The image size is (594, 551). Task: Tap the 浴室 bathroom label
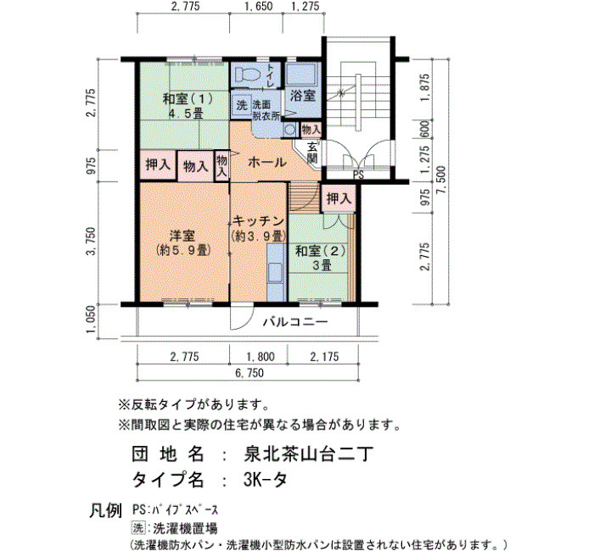303,96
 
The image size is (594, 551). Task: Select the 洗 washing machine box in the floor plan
242,105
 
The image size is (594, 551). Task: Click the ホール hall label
267,163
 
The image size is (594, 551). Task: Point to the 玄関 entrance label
312,152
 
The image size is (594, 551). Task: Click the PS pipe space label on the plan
358,175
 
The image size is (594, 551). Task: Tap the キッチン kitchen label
258,220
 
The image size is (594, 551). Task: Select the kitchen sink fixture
276,272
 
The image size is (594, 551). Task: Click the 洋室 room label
182,236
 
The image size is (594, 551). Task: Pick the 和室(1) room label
188,99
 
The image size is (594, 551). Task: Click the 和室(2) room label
321,251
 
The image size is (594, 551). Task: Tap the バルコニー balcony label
295,322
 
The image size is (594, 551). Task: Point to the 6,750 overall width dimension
249,373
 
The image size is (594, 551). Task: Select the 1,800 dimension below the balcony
261,357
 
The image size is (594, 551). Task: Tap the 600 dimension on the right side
424,129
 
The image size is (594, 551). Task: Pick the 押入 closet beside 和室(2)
339,198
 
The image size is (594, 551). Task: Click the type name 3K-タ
265,481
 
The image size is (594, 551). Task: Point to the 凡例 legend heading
106,510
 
